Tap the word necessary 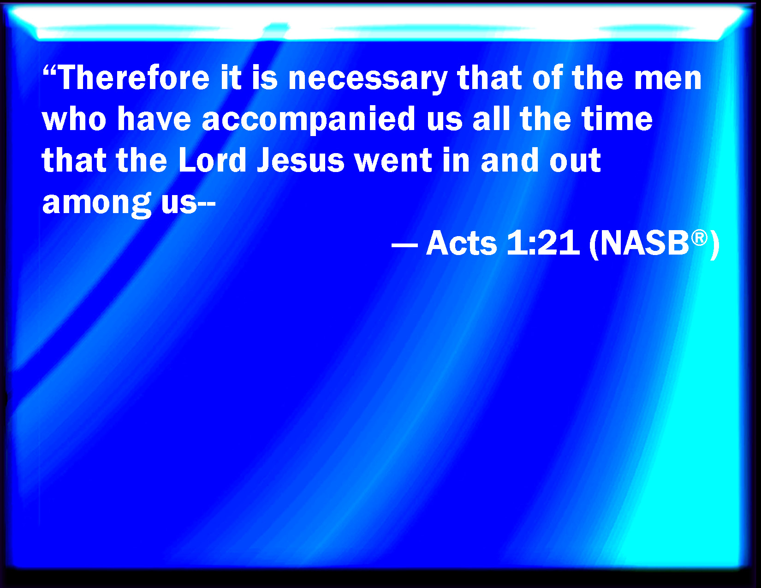(368, 80)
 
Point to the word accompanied (309, 120)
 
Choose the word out (575, 161)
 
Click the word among (97, 204)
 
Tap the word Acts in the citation (462, 243)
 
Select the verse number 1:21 (542, 243)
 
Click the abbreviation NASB (645, 243)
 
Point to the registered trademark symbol (699, 238)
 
